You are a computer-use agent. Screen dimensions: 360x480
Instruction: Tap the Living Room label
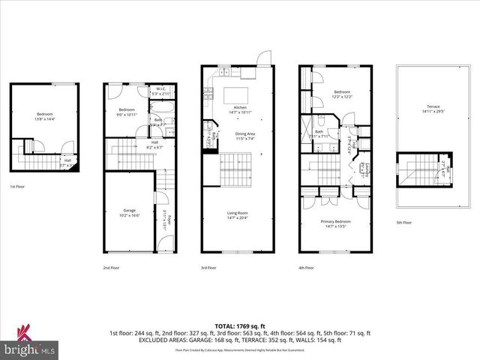pyautogui.click(x=238, y=213)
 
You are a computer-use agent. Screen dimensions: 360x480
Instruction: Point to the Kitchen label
pyautogui.click(x=240, y=107)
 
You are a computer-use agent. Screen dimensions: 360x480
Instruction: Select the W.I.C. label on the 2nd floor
pyautogui.click(x=160, y=88)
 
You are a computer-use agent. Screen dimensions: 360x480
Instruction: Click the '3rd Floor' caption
pyautogui.click(x=208, y=267)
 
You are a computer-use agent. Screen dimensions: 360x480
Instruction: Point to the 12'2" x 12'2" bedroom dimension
pyautogui.click(x=342, y=97)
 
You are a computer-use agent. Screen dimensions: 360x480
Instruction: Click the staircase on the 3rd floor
pyautogui.click(x=238, y=168)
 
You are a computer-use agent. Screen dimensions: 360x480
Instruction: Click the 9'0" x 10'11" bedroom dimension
pyautogui.click(x=125, y=114)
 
